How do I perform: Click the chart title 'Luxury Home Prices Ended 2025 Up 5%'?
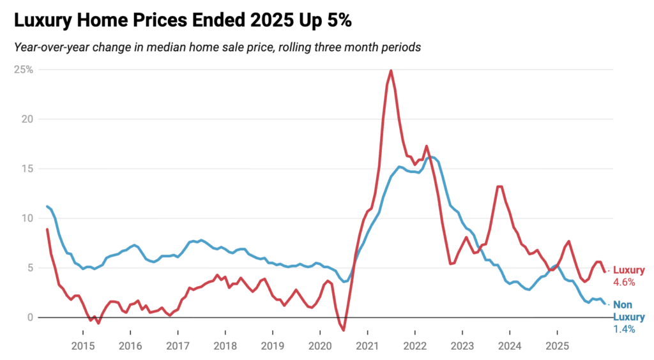(183, 21)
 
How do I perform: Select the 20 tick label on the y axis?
(27, 119)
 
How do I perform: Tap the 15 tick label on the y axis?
(27, 169)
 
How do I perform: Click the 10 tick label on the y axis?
(27, 218)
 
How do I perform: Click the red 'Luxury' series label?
(628, 270)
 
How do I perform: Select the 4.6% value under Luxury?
(624, 282)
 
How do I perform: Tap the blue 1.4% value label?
(624, 329)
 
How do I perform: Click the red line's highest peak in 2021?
(390, 70)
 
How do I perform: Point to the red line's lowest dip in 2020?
(344, 330)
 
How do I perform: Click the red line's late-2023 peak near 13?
(499, 186)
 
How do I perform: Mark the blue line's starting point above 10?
(47, 206)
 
